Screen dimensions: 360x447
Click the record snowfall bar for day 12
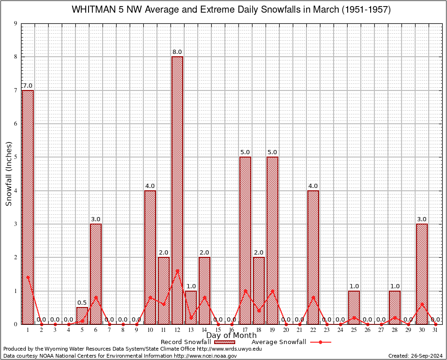point(177,190)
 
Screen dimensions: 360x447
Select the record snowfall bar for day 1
point(28,206)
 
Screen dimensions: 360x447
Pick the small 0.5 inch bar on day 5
point(82,315)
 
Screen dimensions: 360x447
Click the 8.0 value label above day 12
point(177,52)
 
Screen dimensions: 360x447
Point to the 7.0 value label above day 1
point(28,86)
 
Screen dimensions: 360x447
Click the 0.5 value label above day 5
point(82,303)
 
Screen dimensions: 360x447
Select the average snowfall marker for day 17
point(245,291)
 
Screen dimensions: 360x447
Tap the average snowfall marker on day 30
point(422,304)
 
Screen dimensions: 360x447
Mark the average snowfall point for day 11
point(164,304)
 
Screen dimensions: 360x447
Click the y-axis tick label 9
point(16,23)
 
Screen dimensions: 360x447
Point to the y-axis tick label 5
point(16,157)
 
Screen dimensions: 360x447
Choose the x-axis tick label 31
point(435,330)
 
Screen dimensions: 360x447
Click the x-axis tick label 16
point(231,330)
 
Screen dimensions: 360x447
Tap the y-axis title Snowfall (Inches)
point(9,174)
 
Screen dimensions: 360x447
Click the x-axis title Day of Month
point(231,336)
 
